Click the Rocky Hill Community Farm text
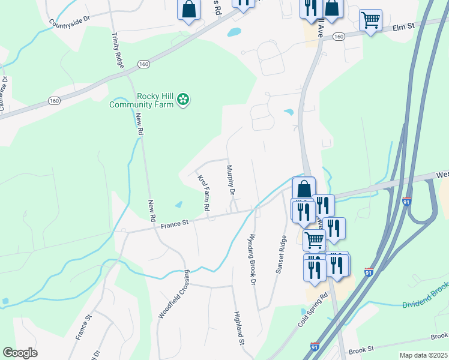[x=142, y=100]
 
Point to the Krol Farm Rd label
[x=203, y=192]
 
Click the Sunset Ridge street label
[x=280, y=254]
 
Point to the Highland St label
[x=238, y=328]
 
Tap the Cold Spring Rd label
[x=313, y=310]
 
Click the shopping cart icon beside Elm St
[x=370, y=20]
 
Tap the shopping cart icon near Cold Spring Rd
[x=313, y=240]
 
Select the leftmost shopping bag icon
[x=188, y=10]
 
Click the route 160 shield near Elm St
[x=339, y=37]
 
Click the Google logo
[x=20, y=353]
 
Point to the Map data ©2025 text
[x=423, y=355]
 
